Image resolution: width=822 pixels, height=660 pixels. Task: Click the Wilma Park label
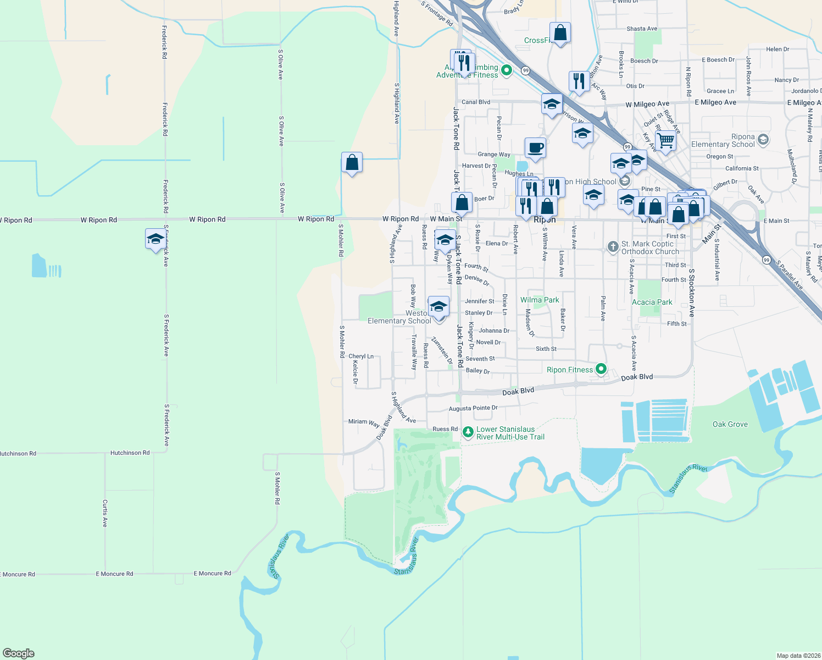[540, 300]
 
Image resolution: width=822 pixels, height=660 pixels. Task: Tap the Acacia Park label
[652, 302]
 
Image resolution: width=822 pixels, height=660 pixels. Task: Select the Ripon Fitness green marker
[601, 369]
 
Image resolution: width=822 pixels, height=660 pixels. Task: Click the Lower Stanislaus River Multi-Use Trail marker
[468, 432]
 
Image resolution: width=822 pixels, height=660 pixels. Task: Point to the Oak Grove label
[730, 424]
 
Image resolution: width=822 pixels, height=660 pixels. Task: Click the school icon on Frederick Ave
[155, 239]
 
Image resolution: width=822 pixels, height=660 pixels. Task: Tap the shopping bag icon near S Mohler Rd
[352, 163]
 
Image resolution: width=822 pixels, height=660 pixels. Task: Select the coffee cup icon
[535, 148]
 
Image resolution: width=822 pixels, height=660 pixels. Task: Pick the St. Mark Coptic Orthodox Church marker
[613, 247]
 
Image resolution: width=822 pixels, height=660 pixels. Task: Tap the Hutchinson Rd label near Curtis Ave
[130, 453]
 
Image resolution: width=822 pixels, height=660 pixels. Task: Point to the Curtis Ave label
[105, 513]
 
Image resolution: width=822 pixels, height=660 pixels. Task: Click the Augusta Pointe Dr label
[473, 408]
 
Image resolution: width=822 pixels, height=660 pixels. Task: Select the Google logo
[19, 653]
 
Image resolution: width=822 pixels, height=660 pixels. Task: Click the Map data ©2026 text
[798, 655]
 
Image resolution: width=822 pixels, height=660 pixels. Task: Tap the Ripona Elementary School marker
[763, 140]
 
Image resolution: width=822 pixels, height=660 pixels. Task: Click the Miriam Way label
[364, 422]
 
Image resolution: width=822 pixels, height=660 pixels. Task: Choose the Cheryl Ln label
[361, 356]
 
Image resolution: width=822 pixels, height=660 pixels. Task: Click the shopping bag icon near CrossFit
[560, 33]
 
